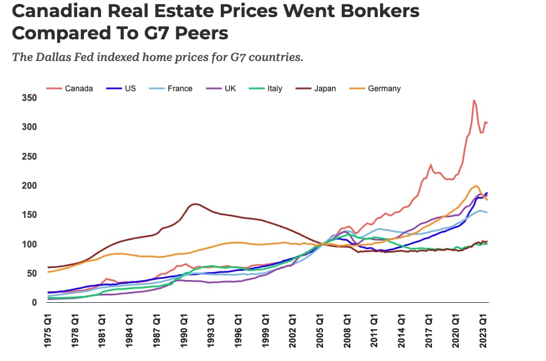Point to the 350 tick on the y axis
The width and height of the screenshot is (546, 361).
click(x=29, y=98)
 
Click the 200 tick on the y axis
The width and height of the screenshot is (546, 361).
click(x=29, y=186)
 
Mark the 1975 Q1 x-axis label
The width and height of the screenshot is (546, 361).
click(x=48, y=330)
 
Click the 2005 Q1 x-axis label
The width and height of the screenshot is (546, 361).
click(x=321, y=330)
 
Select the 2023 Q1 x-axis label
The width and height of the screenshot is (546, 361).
click(x=484, y=330)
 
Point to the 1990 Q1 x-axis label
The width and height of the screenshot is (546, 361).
click(x=185, y=330)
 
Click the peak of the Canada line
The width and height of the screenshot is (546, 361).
click(x=474, y=100)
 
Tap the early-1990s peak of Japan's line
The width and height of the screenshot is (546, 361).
click(x=195, y=204)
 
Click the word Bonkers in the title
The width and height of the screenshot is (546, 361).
click(x=369, y=11)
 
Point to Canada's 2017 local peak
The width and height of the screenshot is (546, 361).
click(x=431, y=165)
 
